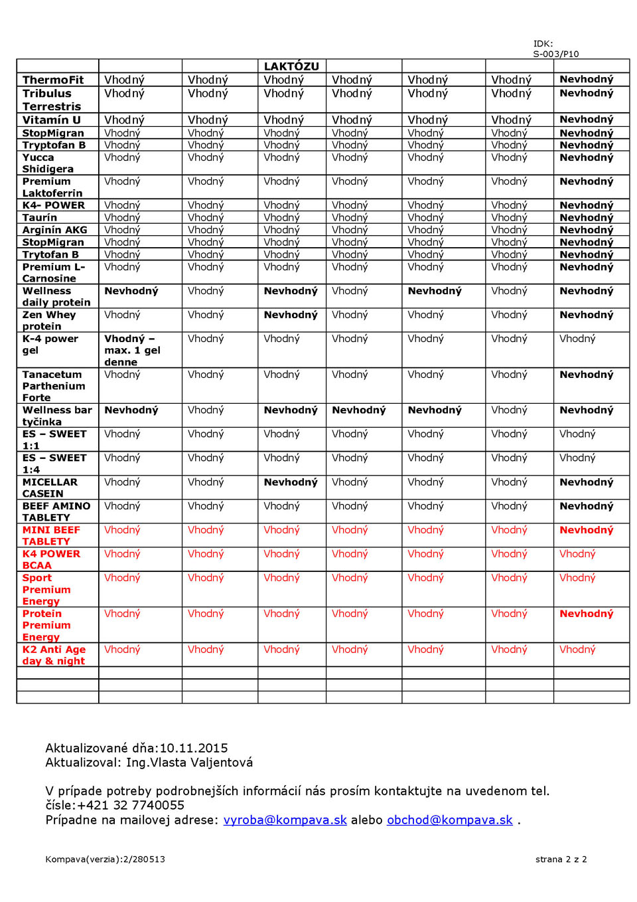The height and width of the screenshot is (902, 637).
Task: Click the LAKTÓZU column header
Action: coord(291,66)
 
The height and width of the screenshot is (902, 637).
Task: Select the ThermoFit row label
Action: coord(53,80)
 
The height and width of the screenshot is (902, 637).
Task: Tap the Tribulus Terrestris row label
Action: coord(51,100)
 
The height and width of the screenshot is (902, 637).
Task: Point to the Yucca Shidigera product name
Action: coord(48,163)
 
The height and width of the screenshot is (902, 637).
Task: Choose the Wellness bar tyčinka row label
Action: coord(57,416)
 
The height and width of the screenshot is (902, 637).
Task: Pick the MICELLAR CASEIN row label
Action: coord(50,488)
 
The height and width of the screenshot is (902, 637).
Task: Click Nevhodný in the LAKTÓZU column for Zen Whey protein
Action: coord(291,315)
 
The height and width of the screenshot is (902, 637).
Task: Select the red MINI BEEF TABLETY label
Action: coord(51,535)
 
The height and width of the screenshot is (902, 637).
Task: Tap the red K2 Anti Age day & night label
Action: coord(54,655)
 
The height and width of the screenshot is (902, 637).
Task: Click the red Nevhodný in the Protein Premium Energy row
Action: coord(586,614)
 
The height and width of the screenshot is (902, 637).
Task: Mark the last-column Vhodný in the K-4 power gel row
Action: coord(577,339)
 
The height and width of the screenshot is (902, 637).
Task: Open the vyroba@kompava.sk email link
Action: coord(285,820)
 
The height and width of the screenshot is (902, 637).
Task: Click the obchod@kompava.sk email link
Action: coord(449,820)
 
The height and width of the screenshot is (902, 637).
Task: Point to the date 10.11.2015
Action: coord(194,748)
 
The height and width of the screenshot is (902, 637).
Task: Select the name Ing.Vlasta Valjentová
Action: coord(189,763)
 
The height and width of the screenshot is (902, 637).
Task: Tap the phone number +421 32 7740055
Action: coord(131,806)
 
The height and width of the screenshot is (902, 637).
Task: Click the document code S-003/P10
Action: coord(556,54)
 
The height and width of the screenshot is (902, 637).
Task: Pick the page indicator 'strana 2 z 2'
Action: coord(561,859)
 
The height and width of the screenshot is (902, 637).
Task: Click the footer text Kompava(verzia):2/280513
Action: coord(105,859)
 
